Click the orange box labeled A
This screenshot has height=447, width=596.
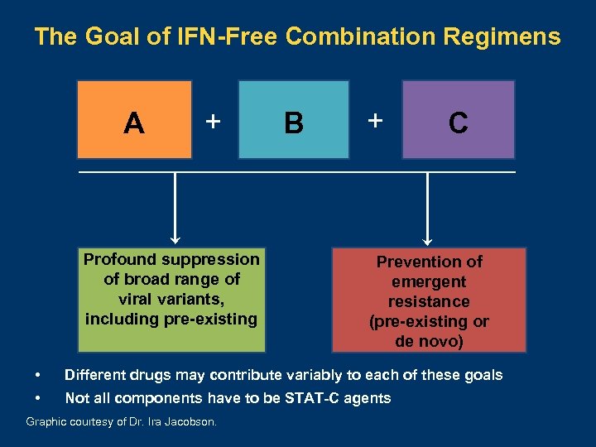pyautogui.click(x=134, y=119)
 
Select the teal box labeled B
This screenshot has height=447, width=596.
pyautogui.click(x=294, y=119)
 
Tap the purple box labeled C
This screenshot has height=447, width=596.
pyautogui.click(x=458, y=119)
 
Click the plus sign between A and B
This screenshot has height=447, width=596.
pyautogui.click(x=213, y=121)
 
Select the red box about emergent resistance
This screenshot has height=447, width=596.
pyautogui.click(x=430, y=300)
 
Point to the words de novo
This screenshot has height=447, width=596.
pyautogui.click(x=430, y=340)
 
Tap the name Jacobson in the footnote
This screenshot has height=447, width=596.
pyautogui.click(x=191, y=421)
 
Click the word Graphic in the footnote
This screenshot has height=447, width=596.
pyautogui.click(x=46, y=421)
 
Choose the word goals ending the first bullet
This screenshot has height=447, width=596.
pyautogui.click(x=482, y=375)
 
